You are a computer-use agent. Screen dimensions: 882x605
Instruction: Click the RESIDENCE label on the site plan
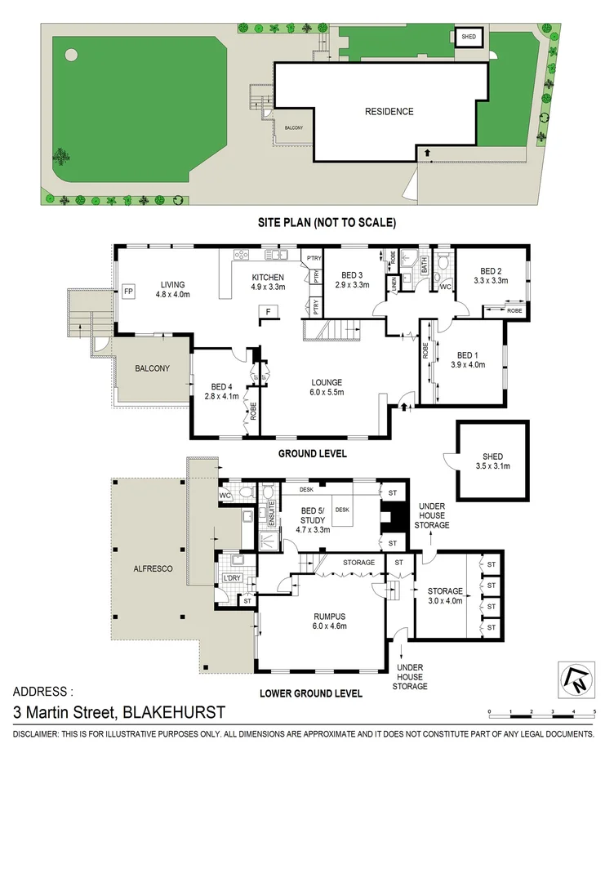tap(389, 112)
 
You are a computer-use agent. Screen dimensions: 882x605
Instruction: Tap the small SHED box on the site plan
tap(468, 37)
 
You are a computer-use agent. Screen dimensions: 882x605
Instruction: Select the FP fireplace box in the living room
tap(128, 291)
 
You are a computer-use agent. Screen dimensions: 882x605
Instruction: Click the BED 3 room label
tap(352, 275)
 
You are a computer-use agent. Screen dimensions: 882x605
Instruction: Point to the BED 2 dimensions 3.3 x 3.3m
tap(492, 281)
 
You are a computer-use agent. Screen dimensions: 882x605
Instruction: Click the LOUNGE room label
tap(325, 382)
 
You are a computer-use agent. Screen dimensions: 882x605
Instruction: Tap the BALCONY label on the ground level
tap(153, 368)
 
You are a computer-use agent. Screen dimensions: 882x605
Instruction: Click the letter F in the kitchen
tap(265, 310)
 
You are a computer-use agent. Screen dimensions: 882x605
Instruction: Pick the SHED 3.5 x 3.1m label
tap(492, 461)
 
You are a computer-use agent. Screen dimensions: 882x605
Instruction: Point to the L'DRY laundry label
tap(233, 580)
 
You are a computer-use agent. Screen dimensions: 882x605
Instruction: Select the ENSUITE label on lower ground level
tap(263, 515)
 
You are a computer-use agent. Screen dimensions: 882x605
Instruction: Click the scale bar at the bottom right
tap(542, 715)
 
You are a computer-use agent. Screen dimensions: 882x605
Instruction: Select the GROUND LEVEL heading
tap(312, 453)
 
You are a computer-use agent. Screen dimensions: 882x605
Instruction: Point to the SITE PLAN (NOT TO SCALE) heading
tap(324, 221)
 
